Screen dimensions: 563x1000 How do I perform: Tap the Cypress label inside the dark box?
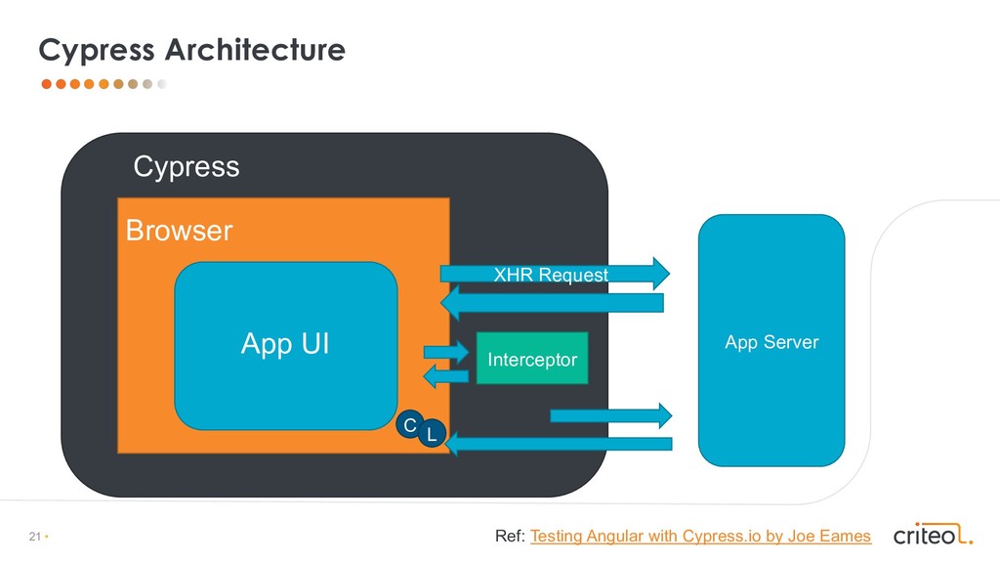tap(186, 167)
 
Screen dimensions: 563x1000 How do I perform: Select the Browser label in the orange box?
tap(179, 231)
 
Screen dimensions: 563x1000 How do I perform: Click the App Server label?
tap(771, 342)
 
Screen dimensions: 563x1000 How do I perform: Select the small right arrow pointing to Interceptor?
tap(446, 351)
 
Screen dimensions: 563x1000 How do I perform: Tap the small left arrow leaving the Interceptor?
tap(445, 377)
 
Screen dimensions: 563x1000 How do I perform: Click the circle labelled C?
tap(410, 424)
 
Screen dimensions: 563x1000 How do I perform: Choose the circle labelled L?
tap(431, 434)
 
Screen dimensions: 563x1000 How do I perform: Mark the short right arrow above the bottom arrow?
tap(611, 415)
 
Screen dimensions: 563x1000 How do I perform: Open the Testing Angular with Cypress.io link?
tap(699, 536)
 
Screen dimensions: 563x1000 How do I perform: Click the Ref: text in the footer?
tap(510, 536)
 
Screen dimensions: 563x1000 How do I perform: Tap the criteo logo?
tap(933, 535)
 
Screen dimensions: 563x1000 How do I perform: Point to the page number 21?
tap(35, 537)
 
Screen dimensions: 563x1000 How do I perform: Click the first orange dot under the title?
tap(46, 84)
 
